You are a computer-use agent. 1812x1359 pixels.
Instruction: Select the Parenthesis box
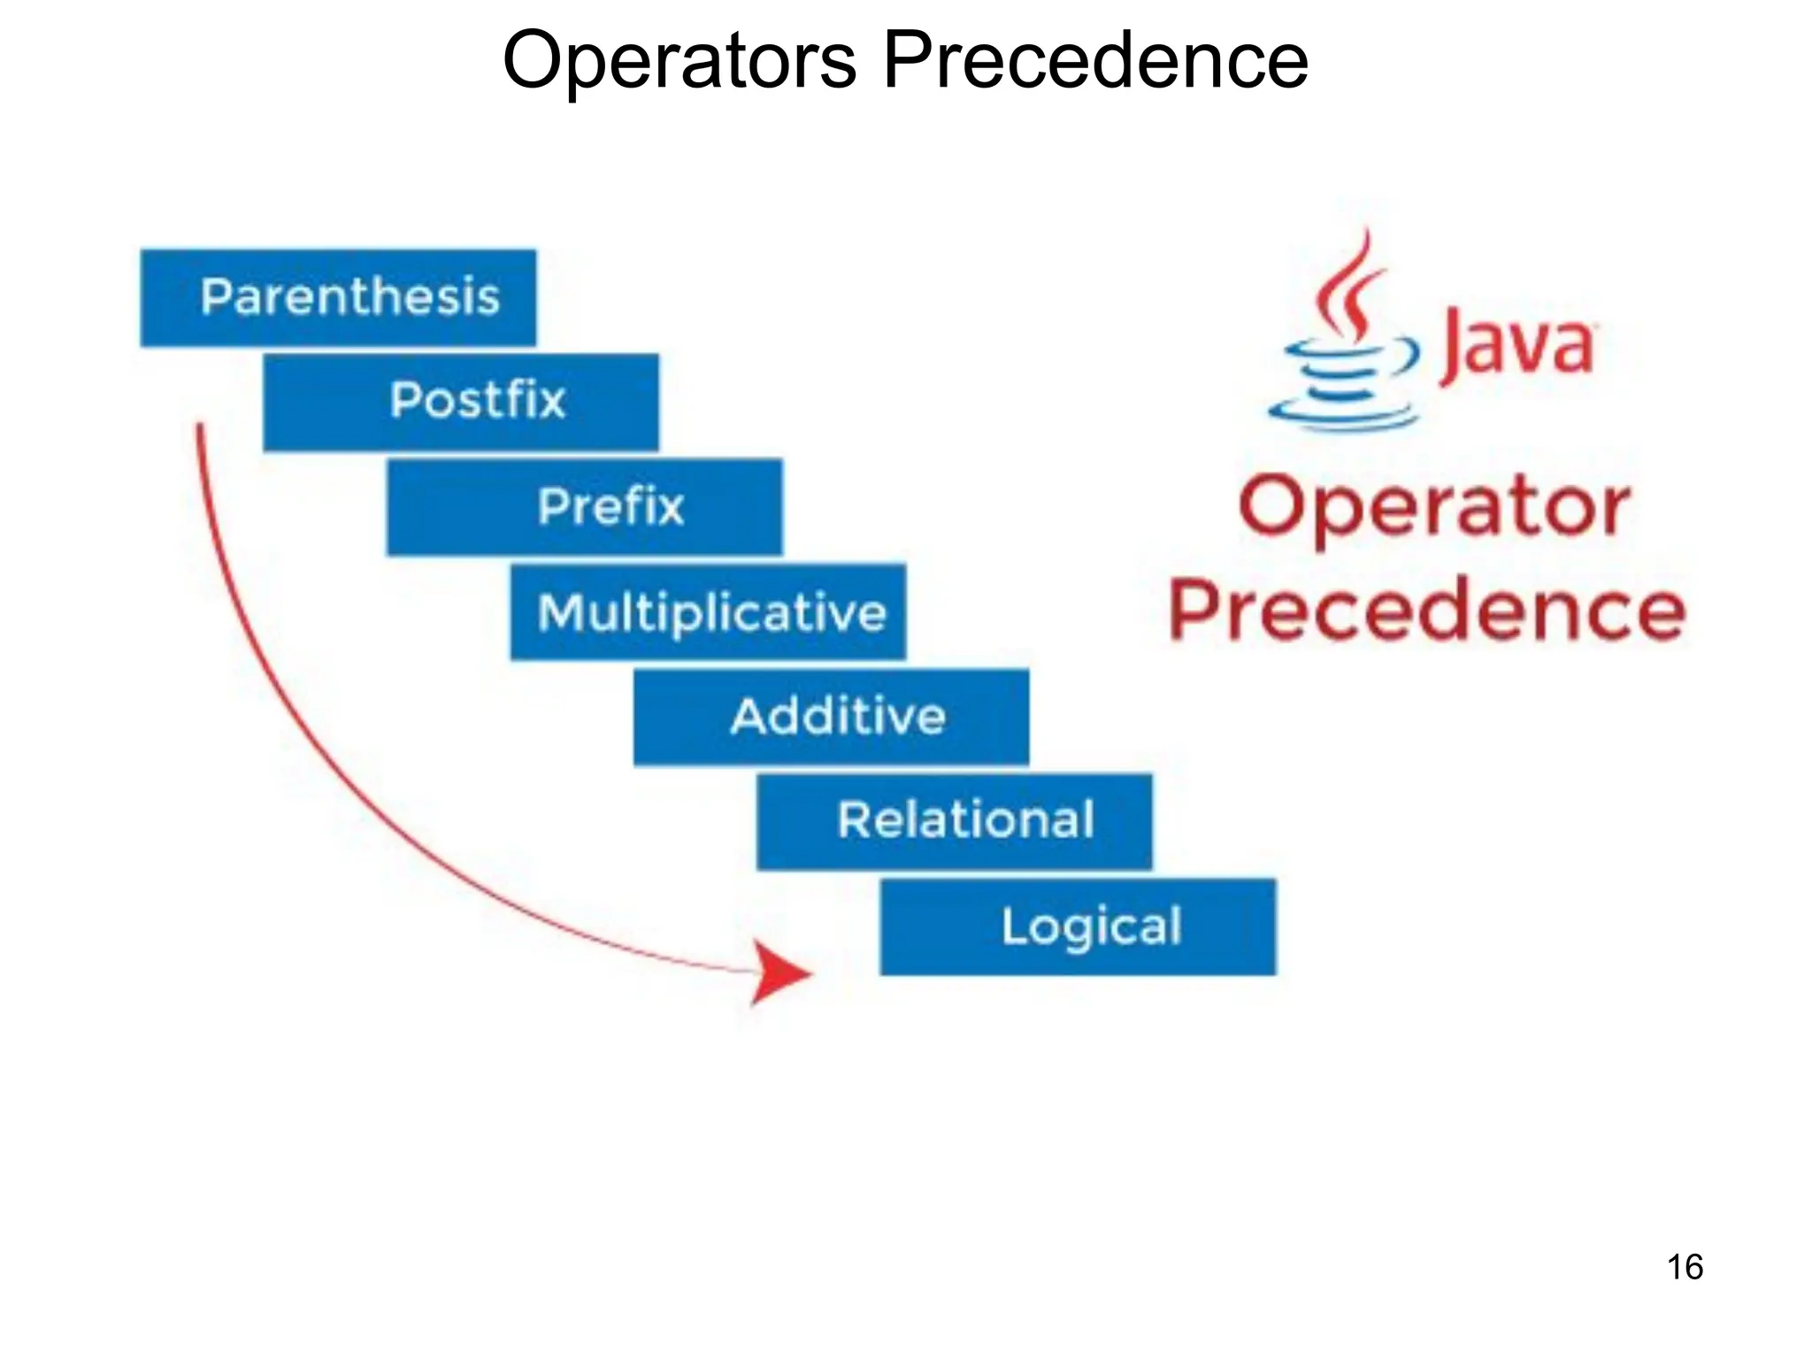tap(338, 297)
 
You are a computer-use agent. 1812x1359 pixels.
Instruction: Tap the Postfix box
tap(461, 402)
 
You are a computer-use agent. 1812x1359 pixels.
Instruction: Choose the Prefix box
tap(584, 507)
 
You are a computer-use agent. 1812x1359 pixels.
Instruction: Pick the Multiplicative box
tap(708, 612)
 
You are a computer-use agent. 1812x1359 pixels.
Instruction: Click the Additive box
tap(831, 717)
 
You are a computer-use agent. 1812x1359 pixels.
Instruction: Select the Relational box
tap(955, 821)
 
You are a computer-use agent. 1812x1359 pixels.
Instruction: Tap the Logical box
tap(1078, 926)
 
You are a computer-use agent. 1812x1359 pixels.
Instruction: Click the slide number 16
tap(1685, 1267)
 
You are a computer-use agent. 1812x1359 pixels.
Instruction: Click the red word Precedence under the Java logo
tap(1426, 610)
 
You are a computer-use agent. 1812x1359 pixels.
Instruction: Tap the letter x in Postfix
tap(549, 401)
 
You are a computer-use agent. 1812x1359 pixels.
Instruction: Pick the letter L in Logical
tap(1013, 925)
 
